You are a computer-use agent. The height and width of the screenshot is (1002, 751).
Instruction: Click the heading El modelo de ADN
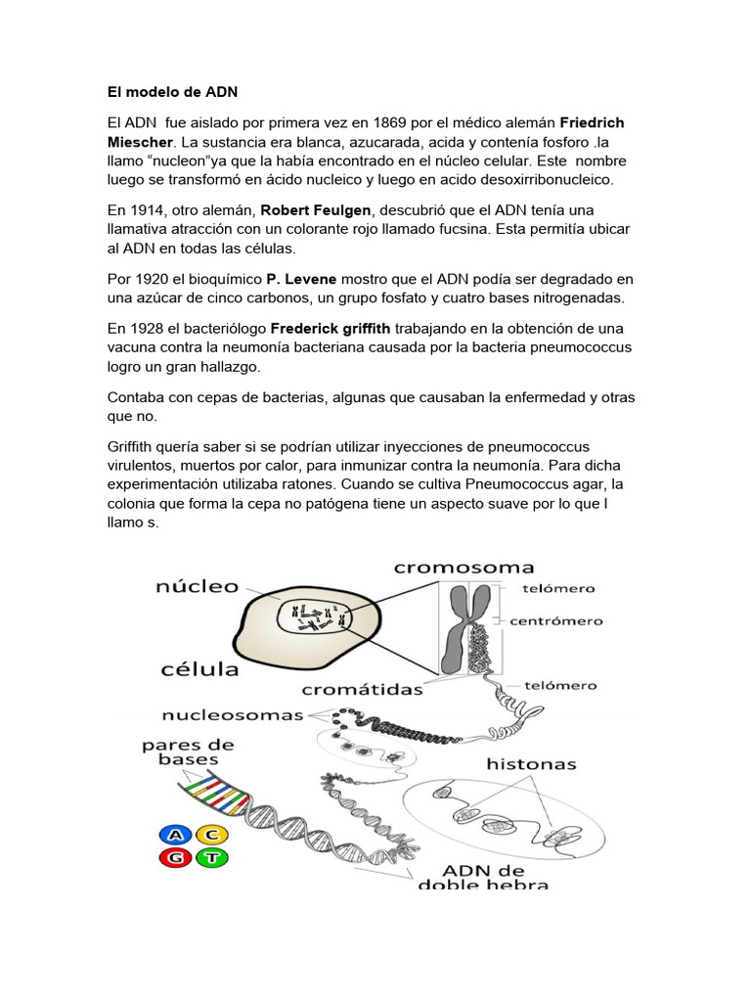pos(172,92)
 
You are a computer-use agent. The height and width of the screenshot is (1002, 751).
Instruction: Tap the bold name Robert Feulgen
pos(318,210)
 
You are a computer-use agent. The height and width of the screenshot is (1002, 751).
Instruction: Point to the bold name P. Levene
pos(301,279)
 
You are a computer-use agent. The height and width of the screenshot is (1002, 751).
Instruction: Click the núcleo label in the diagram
pos(197,587)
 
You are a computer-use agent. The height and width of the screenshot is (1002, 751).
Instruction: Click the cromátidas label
pos(362,689)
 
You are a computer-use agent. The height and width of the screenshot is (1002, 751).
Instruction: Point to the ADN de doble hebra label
pos(483,876)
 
